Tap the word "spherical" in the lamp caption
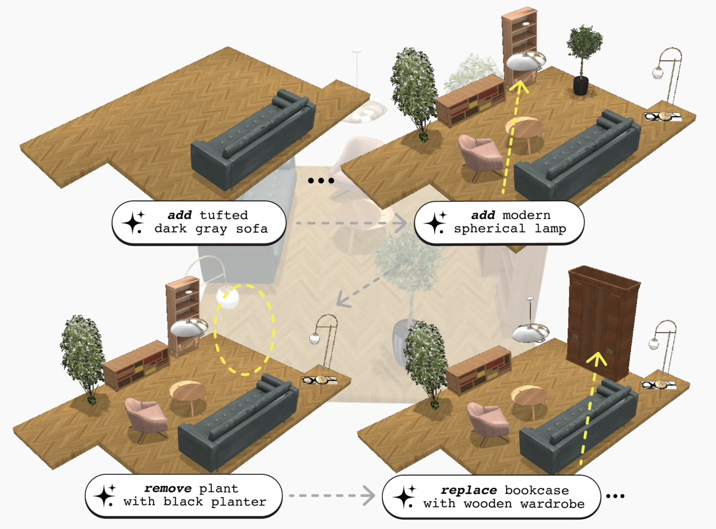pos(490,229)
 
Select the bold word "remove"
pos(168,489)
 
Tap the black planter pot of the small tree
pos(581,86)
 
